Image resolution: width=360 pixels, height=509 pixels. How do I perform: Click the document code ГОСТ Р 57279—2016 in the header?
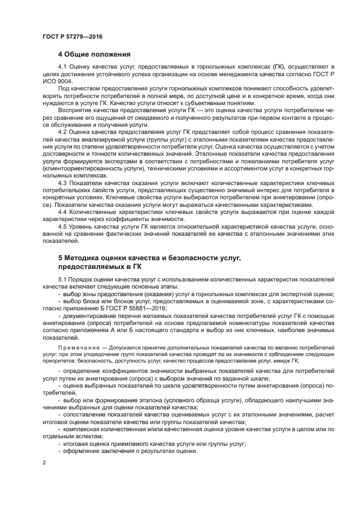coord(72,36)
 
